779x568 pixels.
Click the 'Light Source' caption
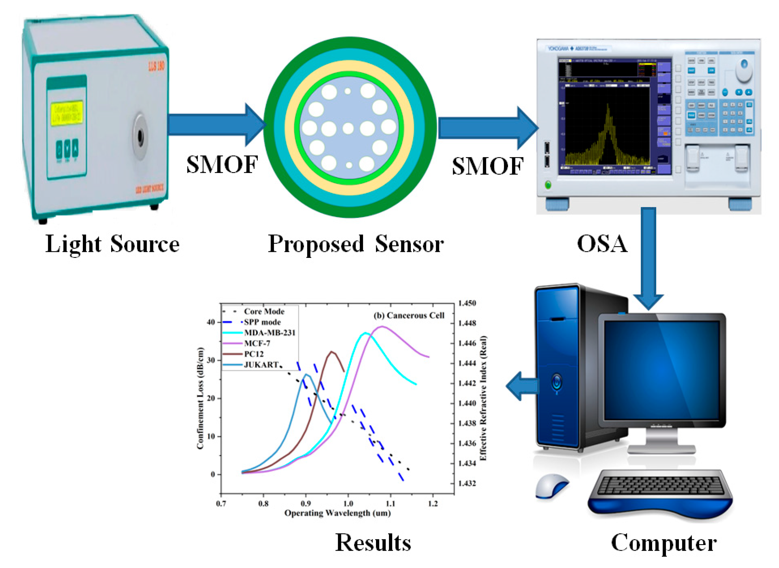click(x=112, y=244)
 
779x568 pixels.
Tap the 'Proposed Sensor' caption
click(x=355, y=244)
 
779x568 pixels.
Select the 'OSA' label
click(x=602, y=244)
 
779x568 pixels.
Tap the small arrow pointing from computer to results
click(x=521, y=386)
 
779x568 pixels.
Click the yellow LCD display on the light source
click(x=67, y=113)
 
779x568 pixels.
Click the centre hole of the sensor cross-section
click(x=348, y=128)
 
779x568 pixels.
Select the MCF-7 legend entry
click(x=257, y=343)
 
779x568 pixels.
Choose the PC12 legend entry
click(x=254, y=354)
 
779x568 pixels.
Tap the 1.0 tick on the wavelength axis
click(x=348, y=504)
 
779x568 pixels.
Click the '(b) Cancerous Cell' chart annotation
click(x=409, y=315)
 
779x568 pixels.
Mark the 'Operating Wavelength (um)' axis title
click(x=338, y=513)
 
